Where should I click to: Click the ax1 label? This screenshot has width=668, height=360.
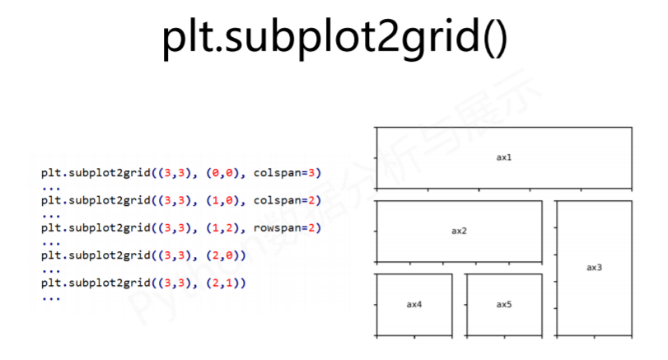(x=504, y=157)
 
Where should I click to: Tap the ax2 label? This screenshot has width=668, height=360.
(x=459, y=231)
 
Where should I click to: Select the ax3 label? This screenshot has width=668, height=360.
(x=594, y=267)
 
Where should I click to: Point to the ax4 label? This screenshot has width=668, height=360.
(x=414, y=304)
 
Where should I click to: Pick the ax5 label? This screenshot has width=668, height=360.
(x=504, y=304)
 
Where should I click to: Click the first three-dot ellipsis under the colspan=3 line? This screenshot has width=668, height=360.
(x=50, y=187)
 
